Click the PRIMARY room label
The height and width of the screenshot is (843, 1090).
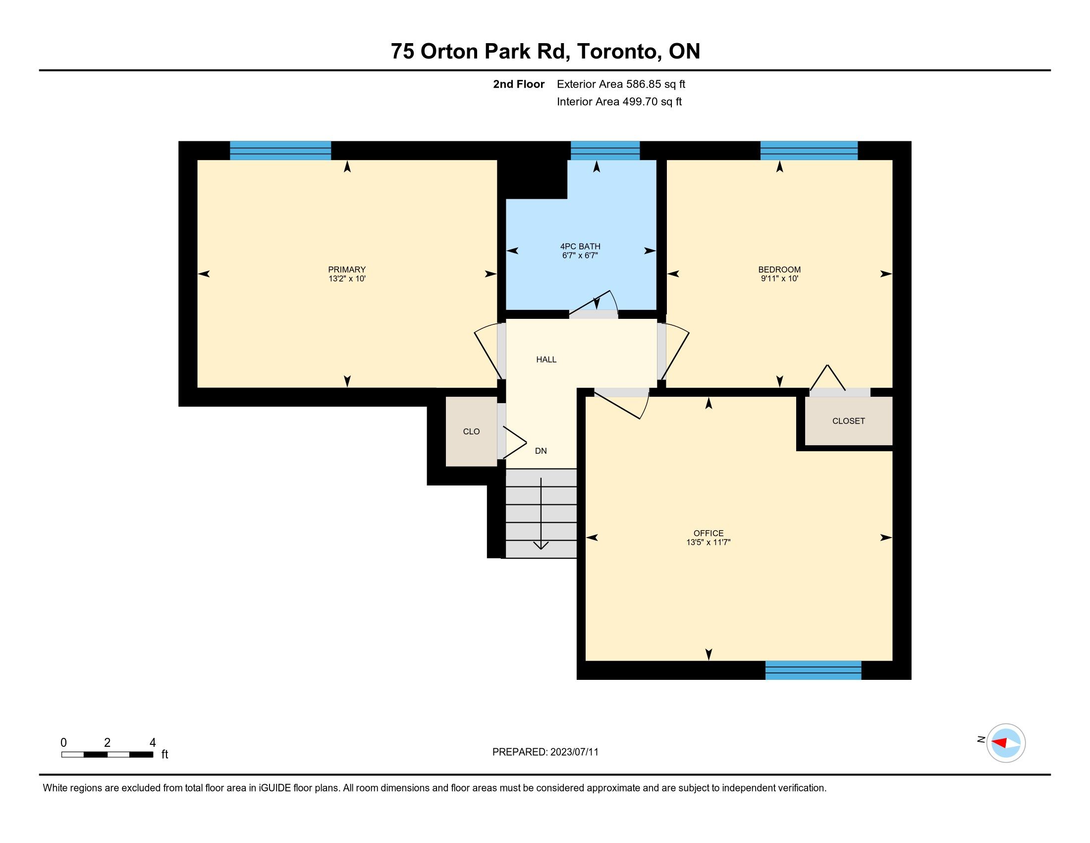point(347,269)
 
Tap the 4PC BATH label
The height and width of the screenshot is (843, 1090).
point(580,246)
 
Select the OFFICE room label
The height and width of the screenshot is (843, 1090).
point(708,533)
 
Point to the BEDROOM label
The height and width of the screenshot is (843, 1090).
point(779,269)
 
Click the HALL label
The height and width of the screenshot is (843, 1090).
point(546,359)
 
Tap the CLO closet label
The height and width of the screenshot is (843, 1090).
point(471,431)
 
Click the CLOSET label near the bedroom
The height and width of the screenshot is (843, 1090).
point(848,421)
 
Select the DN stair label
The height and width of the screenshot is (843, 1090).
point(541,451)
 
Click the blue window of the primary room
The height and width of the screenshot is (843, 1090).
point(280,150)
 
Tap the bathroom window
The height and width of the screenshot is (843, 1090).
point(605,150)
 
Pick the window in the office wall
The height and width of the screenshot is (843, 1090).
point(813,670)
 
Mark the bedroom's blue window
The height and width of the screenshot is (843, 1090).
point(809,150)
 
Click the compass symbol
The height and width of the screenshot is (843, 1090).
point(1006,743)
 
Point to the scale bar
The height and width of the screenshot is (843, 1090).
point(108,755)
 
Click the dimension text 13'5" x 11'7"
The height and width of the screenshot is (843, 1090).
point(708,542)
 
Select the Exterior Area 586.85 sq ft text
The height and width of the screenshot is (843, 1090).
point(621,84)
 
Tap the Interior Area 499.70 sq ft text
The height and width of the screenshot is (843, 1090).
point(619,101)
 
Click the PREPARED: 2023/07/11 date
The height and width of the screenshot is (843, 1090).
point(545,752)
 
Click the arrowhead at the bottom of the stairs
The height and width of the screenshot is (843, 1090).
point(541,545)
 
